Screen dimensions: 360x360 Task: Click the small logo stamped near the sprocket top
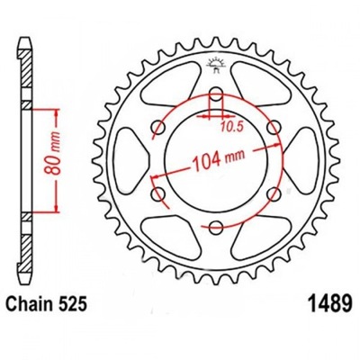(x=215, y=61)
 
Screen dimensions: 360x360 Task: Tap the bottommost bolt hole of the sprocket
(x=215, y=227)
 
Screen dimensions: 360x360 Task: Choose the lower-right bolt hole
(x=272, y=194)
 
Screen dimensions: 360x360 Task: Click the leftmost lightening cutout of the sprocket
(x=134, y=162)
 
